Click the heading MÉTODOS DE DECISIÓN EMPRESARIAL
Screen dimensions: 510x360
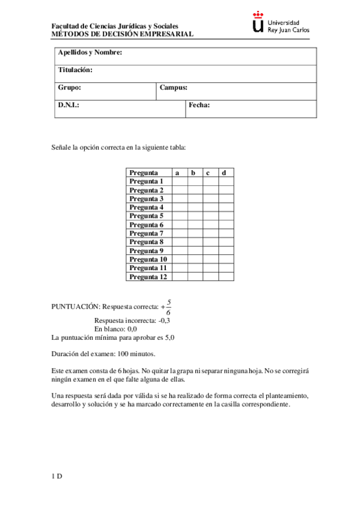(123, 35)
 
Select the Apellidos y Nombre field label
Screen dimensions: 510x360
(90, 53)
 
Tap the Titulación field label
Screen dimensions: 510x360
(75, 70)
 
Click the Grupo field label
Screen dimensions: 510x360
(70, 88)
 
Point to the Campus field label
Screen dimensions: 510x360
(174, 88)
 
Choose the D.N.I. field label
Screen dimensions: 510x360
(69, 105)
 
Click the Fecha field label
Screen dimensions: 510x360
(199, 105)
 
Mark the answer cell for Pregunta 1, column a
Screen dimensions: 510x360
(179, 181)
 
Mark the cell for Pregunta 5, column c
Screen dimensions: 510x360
(210, 215)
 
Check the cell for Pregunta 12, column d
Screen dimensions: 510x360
(226, 277)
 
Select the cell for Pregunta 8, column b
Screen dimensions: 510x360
(195, 242)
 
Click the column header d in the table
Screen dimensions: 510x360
(224, 173)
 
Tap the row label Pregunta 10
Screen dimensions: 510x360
(148, 259)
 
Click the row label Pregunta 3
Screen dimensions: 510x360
(147, 198)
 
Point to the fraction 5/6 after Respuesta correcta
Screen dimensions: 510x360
(168, 307)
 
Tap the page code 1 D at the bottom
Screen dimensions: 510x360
(57, 476)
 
